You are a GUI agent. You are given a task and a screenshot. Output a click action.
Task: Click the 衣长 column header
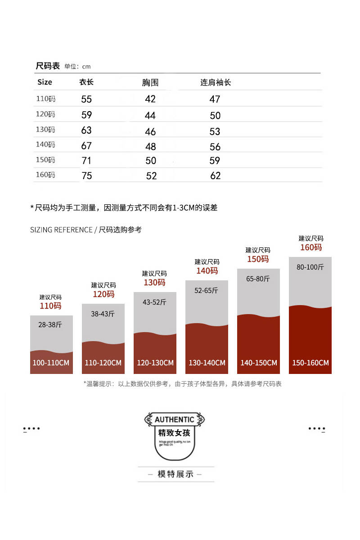pos(86,82)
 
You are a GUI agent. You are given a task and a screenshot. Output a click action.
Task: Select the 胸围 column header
pos(150,83)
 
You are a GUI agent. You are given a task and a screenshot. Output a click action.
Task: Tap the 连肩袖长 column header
pos(216,83)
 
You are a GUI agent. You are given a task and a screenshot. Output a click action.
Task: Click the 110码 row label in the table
pos(45,99)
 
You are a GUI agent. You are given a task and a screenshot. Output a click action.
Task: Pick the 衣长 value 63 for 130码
pos(86,130)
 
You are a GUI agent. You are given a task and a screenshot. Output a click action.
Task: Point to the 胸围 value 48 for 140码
pos(151,147)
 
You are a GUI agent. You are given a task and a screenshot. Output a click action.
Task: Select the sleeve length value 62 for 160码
pos(216,176)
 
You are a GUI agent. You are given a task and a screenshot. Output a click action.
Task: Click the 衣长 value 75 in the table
pos(87,176)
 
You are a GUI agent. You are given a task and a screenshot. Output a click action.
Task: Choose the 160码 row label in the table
pos(45,175)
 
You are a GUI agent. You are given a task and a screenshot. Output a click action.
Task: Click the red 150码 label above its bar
pos(258,259)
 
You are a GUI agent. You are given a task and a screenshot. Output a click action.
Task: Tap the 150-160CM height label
pos(310,363)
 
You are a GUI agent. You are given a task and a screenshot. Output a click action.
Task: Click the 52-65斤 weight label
pos(206,291)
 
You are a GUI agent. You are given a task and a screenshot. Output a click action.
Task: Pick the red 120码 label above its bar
pos(103,294)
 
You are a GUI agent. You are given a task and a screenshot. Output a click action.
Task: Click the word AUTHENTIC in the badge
pos(175,420)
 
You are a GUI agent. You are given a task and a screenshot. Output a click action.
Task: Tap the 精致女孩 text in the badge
pos(175,433)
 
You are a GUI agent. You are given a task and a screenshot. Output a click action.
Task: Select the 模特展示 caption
pos(175,474)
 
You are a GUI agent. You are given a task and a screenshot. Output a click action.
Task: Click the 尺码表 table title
pos(48,66)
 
